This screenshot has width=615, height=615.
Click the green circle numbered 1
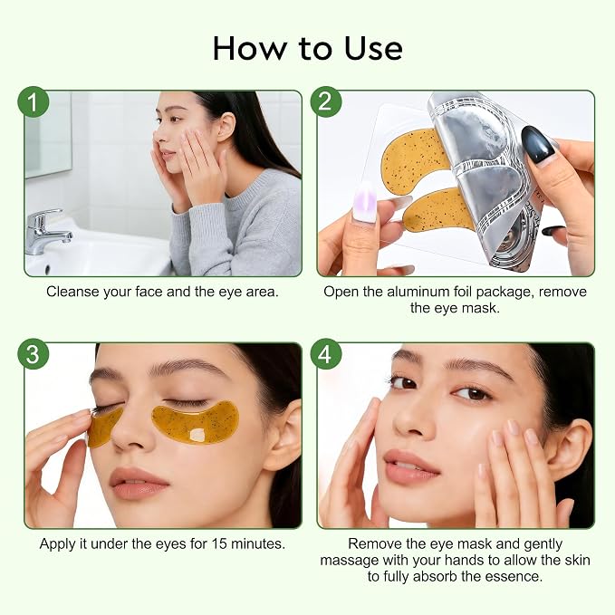pyautogui.click(x=34, y=102)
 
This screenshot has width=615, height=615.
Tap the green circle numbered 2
pyautogui.click(x=326, y=102)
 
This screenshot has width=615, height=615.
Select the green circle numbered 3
pyautogui.click(x=34, y=354)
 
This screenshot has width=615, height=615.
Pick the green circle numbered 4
pyautogui.click(x=326, y=354)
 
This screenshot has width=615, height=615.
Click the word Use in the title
pyautogui.click(x=372, y=48)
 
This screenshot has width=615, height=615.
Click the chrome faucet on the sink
pyautogui.click(x=47, y=231)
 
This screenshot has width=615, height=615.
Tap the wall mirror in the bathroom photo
pyautogui.click(x=48, y=133)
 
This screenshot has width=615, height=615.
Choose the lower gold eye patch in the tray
pyautogui.click(x=438, y=210)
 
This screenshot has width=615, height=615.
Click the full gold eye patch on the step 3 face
pyautogui.click(x=195, y=422)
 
